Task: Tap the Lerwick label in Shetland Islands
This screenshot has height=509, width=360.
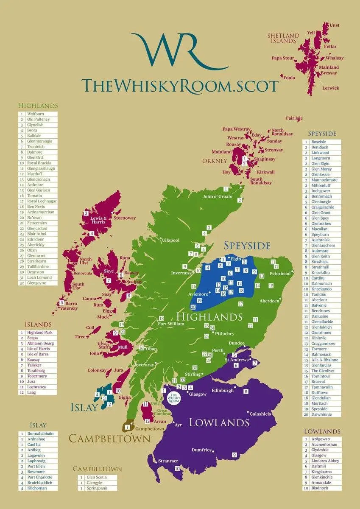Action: point(331,88)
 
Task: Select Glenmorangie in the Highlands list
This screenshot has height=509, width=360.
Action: point(39,141)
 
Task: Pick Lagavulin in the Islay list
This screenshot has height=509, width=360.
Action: point(36,456)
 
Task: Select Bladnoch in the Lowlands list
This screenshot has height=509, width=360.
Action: point(321,488)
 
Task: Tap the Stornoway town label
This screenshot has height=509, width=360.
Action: point(125,218)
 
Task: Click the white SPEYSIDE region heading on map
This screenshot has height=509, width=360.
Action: point(247,246)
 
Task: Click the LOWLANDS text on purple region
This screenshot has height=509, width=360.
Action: point(219,422)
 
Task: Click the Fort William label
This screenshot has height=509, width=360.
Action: point(171,324)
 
